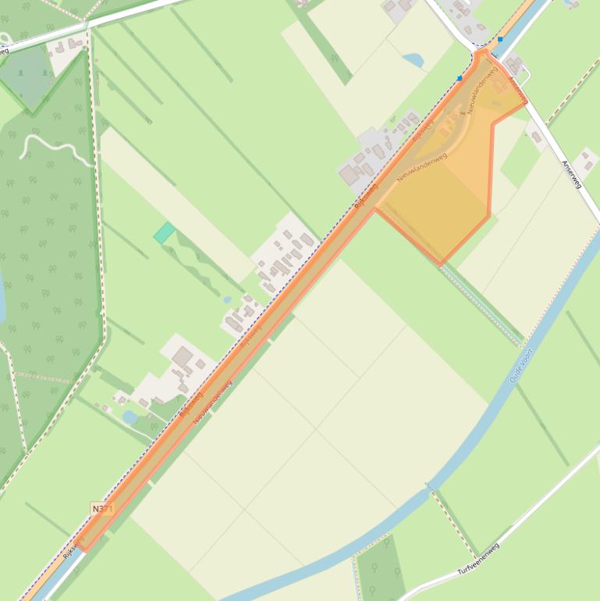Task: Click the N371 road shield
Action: (102, 509)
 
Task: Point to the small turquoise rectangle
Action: (164, 233)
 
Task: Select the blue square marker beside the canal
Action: (499, 38)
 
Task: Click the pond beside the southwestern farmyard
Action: (130, 418)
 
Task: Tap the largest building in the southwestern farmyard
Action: (183, 357)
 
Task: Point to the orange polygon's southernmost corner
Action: (441, 264)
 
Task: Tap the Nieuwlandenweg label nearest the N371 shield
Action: (213, 402)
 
